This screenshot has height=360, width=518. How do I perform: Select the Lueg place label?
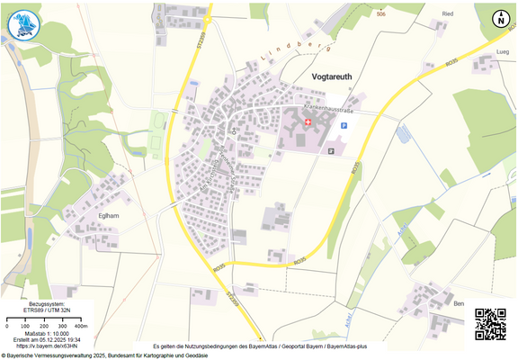tap(503, 53)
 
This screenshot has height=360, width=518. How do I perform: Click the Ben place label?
tap(459, 304)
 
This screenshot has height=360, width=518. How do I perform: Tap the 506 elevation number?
tap(381, 15)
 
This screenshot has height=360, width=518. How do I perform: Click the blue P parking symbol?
tap(343, 126)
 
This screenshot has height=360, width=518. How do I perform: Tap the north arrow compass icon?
tap(500, 17)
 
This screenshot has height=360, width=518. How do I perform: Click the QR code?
tap(490, 323)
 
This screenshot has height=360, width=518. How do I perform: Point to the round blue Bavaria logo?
tap(24, 24)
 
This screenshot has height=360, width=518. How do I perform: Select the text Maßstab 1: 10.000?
tap(49, 333)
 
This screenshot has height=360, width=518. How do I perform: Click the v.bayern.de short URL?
tap(48, 346)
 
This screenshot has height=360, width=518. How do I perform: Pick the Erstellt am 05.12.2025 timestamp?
tap(49, 339)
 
